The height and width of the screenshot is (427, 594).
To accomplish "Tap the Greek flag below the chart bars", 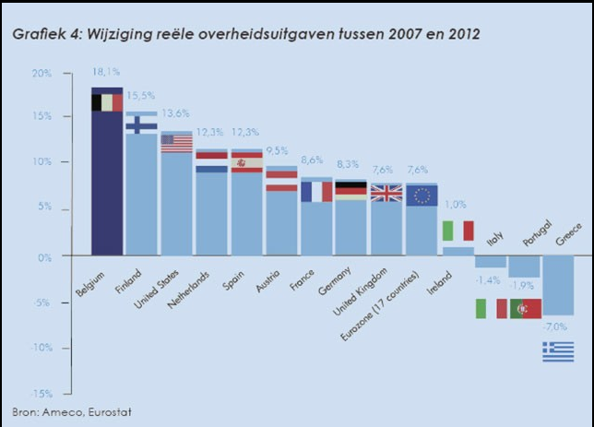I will point(558,350).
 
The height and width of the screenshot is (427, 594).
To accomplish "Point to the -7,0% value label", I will point(557,327).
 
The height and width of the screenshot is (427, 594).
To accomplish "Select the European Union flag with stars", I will point(422,194).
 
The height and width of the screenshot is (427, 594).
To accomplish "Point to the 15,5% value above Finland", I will point(141,96).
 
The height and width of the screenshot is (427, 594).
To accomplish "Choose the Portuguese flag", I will point(525,308).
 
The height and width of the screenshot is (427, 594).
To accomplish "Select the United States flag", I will point(175,143).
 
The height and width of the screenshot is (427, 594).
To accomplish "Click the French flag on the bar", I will point(316,191).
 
